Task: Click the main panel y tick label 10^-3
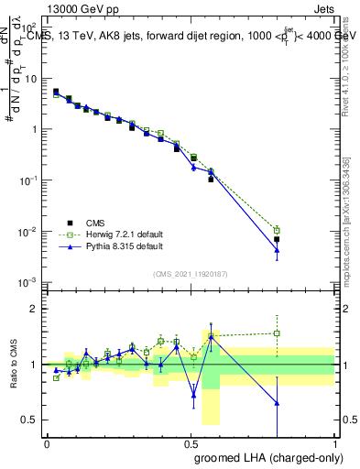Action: (x=28, y=282)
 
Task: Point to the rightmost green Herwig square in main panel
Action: (x=277, y=230)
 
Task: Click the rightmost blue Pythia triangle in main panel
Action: (x=277, y=250)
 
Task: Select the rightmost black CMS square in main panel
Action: (x=277, y=239)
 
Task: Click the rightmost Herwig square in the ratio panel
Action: (x=277, y=333)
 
